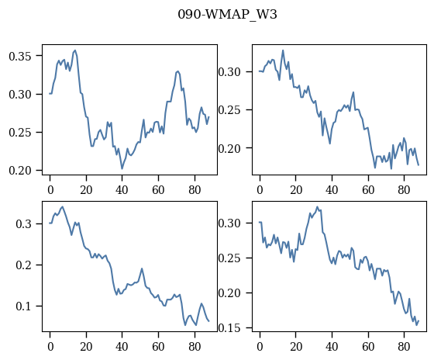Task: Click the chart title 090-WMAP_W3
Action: [x=227, y=15]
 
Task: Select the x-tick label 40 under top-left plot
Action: [x=122, y=190]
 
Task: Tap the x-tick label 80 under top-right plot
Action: [x=404, y=190]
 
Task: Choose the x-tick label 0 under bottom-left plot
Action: [x=50, y=347]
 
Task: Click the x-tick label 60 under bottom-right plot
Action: [x=368, y=347]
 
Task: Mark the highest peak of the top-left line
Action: [x=75, y=50]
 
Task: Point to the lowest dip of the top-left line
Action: [x=122, y=168]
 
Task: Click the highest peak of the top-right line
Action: [x=283, y=50]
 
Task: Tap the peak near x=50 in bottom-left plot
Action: [x=142, y=268]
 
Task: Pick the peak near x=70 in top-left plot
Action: [x=177, y=71]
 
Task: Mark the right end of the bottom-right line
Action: [x=418, y=321]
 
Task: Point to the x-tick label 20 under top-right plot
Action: [x=296, y=190]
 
